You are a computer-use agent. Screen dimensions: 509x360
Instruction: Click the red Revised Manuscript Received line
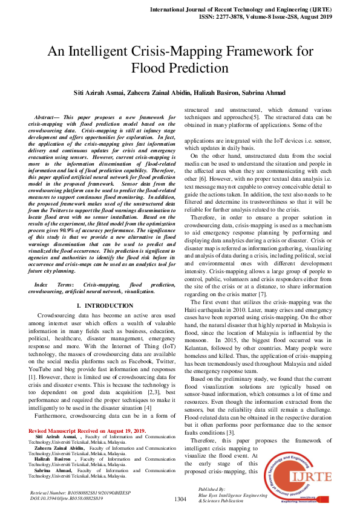tap(87, 430)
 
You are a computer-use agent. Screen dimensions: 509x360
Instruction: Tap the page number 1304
tap(180, 499)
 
